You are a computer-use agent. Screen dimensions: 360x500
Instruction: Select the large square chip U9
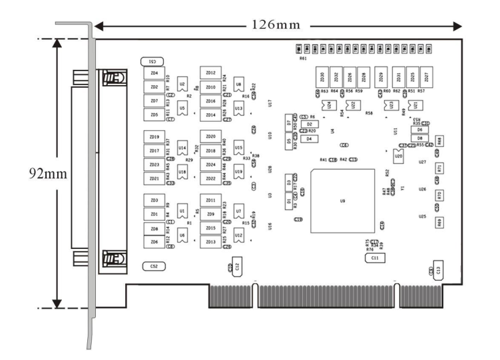[342, 200]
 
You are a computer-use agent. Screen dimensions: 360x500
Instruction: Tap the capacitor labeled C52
[154, 266]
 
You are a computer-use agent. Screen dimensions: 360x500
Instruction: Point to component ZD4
[154, 73]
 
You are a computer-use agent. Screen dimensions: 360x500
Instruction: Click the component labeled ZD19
[154, 137]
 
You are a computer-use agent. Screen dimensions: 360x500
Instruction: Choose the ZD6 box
[154, 242]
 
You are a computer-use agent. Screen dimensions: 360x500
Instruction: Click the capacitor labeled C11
[375, 257]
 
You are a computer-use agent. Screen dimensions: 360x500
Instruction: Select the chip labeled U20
[398, 156]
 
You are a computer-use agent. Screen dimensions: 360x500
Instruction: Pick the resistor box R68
[439, 141]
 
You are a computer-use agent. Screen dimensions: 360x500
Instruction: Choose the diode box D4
[308, 138]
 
